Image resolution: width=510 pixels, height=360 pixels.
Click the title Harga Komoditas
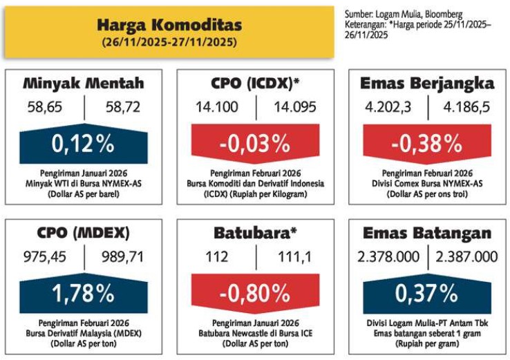click(x=169, y=25)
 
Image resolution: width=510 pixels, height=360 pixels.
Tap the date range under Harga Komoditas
click(x=169, y=42)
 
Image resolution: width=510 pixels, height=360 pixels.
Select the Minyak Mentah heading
click(x=84, y=83)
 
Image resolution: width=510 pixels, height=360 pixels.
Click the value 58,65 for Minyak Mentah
click(x=44, y=107)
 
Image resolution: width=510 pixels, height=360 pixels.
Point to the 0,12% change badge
click(x=84, y=144)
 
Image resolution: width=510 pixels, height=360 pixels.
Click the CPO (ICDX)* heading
click(x=255, y=83)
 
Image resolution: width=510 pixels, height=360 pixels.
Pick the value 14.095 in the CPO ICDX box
click(x=294, y=107)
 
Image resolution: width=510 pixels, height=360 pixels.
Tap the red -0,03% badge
click(x=255, y=144)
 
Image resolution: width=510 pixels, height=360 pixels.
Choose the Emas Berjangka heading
click(x=427, y=84)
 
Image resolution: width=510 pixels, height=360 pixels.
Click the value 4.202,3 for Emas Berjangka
click(x=388, y=107)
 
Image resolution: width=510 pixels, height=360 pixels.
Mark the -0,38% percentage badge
click(x=427, y=144)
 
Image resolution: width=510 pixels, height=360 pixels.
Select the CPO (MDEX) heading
click(x=83, y=233)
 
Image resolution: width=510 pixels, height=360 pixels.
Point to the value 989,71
click(x=122, y=257)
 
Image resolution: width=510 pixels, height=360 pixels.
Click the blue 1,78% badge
click(x=84, y=293)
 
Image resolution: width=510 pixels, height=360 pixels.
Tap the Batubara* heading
click(x=255, y=233)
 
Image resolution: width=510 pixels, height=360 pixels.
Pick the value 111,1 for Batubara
click(x=294, y=257)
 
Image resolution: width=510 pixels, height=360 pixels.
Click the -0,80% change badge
click(x=255, y=294)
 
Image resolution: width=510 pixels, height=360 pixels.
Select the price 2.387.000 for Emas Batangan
click(x=466, y=257)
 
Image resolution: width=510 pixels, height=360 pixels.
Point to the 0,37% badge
click(x=427, y=293)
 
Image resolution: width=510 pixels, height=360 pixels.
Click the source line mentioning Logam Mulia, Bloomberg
click(x=404, y=15)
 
